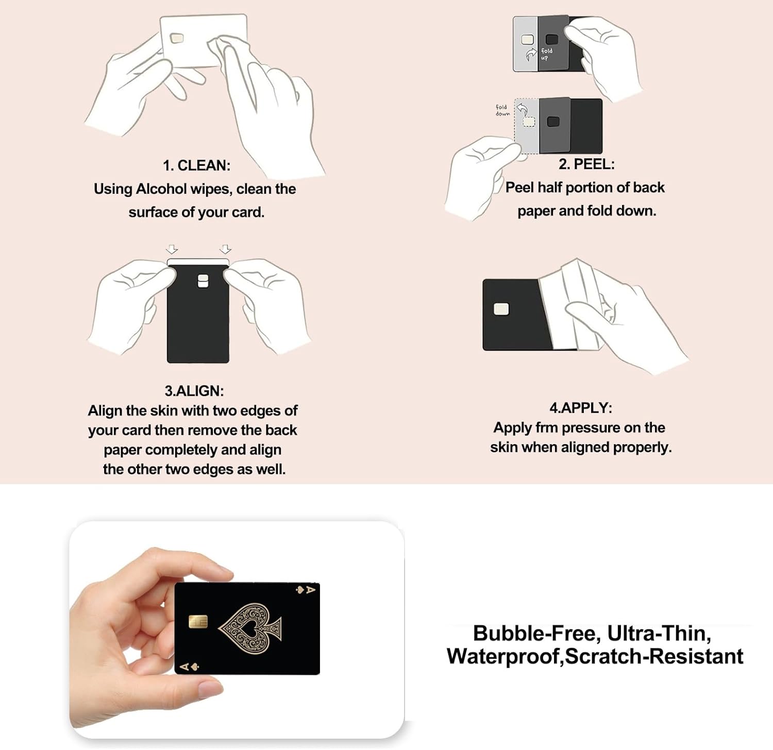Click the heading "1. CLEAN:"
tap(197, 165)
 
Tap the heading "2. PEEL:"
tap(586, 164)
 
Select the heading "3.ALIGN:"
tap(194, 391)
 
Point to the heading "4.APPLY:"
tap(581, 408)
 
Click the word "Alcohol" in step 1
tap(161, 189)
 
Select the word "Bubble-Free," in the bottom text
tap(537, 634)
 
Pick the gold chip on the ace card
tap(198, 622)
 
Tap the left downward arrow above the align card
tap(172, 249)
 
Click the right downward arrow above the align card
tap(225, 249)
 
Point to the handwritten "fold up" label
tap(546, 54)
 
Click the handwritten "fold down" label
tap(502, 110)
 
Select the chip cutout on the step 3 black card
tap(203, 281)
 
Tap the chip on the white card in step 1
tap(177, 38)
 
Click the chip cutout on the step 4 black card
tap(501, 309)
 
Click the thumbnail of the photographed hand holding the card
tap(237, 629)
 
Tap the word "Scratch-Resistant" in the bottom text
tap(654, 656)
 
